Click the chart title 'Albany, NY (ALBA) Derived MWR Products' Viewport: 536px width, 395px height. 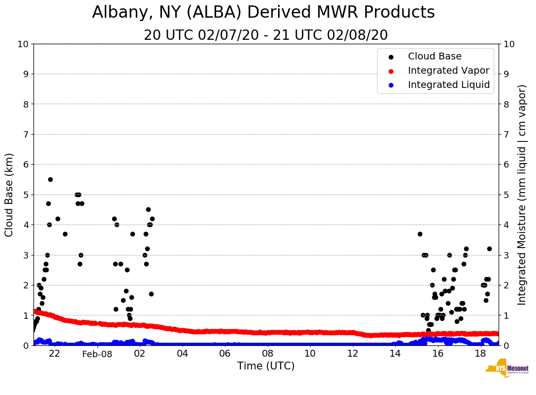pos(263,13)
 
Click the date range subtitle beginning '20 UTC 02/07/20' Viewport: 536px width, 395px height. pos(266,35)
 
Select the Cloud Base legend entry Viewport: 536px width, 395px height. pos(435,56)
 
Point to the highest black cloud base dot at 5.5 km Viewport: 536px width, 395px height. pos(50,179)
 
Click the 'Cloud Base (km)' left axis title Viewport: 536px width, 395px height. pos(9,195)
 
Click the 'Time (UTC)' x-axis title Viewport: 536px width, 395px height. pos(266,366)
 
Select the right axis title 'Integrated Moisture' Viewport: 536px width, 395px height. pos(522,195)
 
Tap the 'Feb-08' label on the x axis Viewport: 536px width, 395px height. pos(97,354)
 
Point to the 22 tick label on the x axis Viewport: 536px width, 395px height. pos(55,354)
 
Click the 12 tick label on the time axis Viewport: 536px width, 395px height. pos(352,354)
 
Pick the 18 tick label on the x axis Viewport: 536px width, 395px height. pos(480,354)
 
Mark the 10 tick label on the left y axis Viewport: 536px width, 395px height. pos(23,44)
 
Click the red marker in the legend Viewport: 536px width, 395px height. pos(391,71)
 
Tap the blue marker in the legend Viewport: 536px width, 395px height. pos(391,85)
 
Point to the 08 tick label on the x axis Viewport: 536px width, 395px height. pos(267,354)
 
